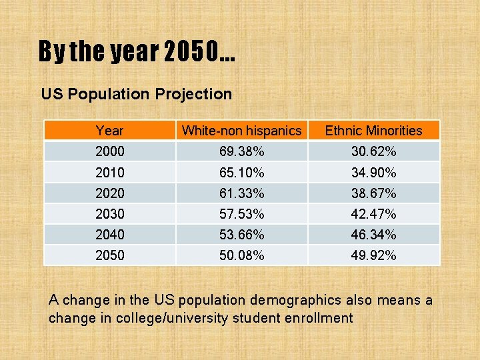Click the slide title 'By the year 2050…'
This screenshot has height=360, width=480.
137,51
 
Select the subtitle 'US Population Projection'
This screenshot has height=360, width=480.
137,94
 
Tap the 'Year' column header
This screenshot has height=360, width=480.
109,131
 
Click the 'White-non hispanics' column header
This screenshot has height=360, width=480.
241,131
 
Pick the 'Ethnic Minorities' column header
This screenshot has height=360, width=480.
373,131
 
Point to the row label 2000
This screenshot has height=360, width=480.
109,152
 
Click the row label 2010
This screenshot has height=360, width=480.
109,173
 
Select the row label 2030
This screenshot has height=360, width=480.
109,214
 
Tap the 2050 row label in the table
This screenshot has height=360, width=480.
109,255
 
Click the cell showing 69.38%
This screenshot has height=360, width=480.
241,152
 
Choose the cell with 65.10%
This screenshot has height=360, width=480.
241,173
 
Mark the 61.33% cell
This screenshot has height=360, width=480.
241,193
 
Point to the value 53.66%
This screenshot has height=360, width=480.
241,235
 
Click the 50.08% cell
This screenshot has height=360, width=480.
241,255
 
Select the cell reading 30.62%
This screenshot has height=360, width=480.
373,152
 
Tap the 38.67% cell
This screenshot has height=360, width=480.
373,193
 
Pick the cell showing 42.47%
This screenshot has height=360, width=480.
373,214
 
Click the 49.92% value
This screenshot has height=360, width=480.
373,255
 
